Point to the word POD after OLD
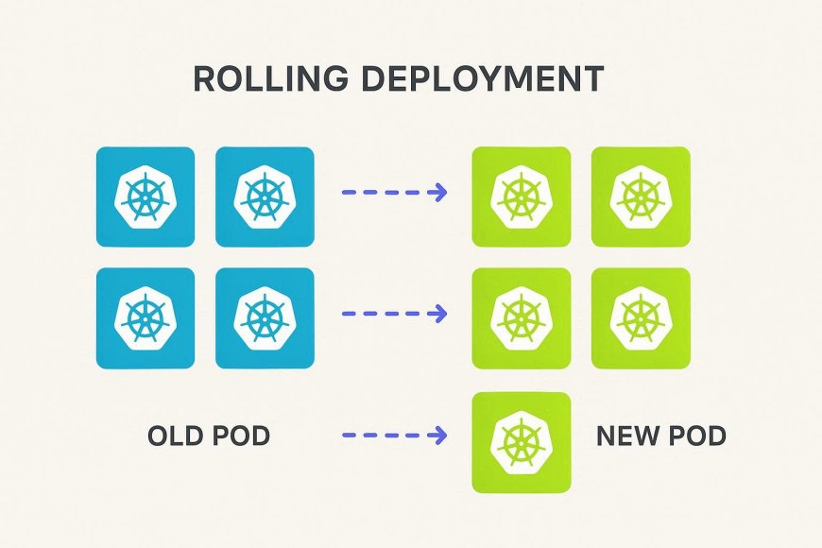click(240, 436)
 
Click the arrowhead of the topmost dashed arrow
click(437, 193)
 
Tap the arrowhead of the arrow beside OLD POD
click(437, 436)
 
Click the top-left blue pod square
click(146, 197)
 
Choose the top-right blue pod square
click(265, 197)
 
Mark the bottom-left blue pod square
click(146, 317)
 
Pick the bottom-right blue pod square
click(265, 317)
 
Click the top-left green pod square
click(522, 197)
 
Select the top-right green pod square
click(641, 197)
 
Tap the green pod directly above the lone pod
click(522, 317)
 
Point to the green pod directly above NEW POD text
click(641, 317)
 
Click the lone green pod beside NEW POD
click(522, 441)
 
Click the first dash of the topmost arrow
click(348, 193)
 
